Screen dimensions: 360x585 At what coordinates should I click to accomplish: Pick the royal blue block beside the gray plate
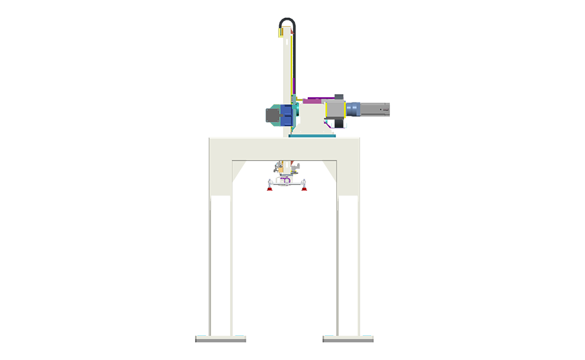coord(287,115)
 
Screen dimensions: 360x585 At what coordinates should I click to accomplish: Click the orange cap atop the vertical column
coord(287,24)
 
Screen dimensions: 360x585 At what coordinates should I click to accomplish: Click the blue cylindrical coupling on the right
coord(353,109)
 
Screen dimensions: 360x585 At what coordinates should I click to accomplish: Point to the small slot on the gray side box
coord(384,109)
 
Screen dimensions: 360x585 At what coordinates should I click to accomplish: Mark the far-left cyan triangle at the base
coord(201,331)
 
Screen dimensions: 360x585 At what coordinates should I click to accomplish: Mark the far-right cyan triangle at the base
coord(367,331)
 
